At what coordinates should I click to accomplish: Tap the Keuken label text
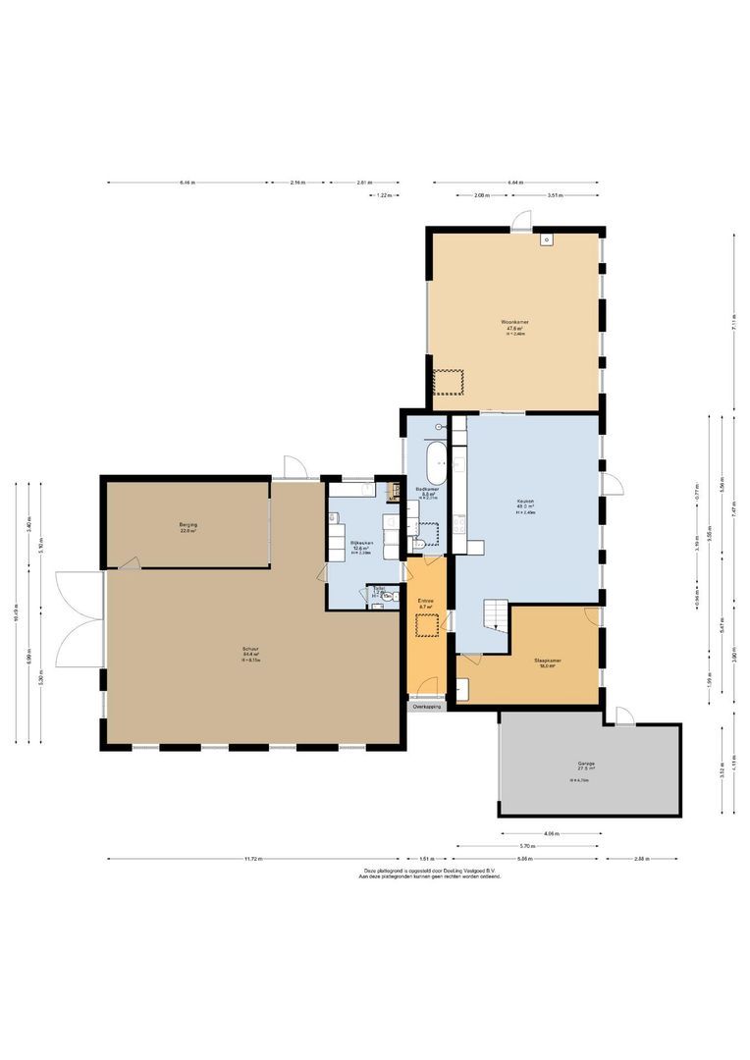pyautogui.click(x=525, y=502)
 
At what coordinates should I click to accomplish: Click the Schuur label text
pyautogui.click(x=251, y=648)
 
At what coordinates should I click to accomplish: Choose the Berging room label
pyautogui.click(x=187, y=525)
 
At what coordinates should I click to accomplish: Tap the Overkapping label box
pyautogui.click(x=427, y=706)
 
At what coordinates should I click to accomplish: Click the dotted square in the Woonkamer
pyautogui.click(x=450, y=381)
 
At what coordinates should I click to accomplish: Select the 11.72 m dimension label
pyautogui.click(x=253, y=859)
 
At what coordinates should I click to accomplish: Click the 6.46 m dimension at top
pyautogui.click(x=187, y=183)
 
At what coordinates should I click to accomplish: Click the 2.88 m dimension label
pyautogui.click(x=642, y=859)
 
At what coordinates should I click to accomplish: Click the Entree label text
pyautogui.click(x=426, y=601)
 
